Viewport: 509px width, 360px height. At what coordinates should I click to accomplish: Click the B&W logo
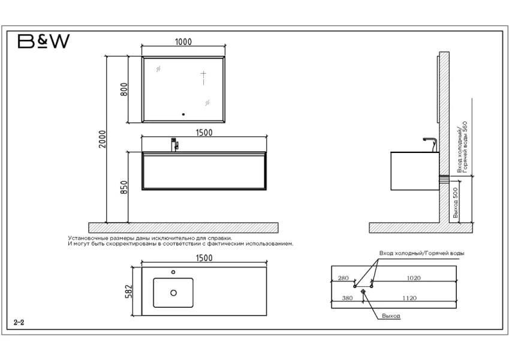tap(44, 41)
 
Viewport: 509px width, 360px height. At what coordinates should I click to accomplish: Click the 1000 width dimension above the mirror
tap(183, 42)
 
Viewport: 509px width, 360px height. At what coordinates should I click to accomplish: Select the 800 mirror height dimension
tap(124, 89)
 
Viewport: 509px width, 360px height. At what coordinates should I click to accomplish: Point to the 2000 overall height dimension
tap(103, 139)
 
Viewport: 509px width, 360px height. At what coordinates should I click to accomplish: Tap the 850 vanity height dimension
tap(124, 187)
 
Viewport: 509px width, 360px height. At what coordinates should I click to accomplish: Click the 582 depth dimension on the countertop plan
tap(128, 292)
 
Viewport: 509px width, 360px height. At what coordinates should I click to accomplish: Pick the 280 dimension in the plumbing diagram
tap(343, 278)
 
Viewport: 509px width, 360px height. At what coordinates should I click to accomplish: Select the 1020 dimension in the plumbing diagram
tap(414, 278)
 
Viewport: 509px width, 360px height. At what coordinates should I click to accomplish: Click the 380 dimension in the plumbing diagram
tap(347, 298)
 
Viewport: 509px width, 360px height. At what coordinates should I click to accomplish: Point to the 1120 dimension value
tap(409, 298)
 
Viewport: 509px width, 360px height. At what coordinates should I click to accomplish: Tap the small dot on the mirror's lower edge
tap(183, 115)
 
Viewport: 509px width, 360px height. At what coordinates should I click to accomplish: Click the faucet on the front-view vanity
tap(174, 145)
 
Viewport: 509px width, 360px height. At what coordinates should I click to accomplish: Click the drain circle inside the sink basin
tap(173, 293)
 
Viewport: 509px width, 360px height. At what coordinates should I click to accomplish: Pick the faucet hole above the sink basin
tap(173, 272)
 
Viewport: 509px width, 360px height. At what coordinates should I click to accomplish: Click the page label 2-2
tap(19, 322)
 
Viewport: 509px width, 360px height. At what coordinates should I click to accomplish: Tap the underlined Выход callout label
tap(391, 316)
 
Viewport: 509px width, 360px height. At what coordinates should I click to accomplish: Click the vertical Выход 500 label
tap(456, 203)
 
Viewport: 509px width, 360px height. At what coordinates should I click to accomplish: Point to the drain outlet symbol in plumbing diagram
tap(363, 292)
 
